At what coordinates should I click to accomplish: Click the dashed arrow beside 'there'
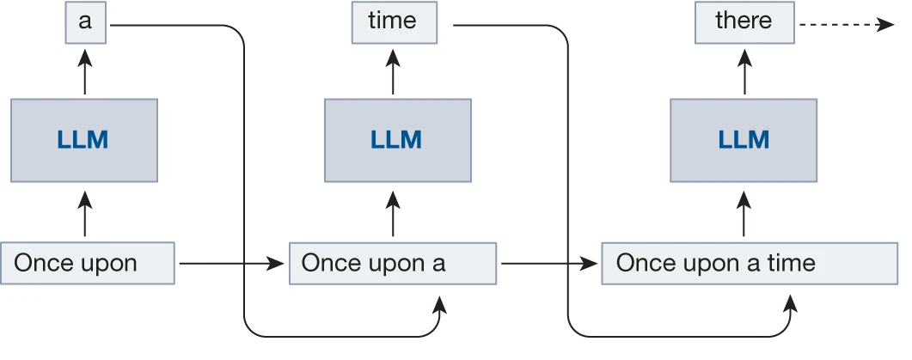pos(847,25)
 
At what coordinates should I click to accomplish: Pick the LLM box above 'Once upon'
pos(84,140)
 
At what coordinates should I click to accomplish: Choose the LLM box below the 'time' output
pos(397,140)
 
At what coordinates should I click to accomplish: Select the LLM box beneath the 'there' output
pos(744,140)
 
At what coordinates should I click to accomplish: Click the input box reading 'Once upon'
pos(89,263)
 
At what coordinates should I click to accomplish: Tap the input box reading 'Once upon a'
pos(393,263)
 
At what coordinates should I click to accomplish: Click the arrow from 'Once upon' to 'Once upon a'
pos(230,263)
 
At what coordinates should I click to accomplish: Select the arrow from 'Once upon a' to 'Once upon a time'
pos(548,263)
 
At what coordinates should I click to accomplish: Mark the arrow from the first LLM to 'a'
pos(84,74)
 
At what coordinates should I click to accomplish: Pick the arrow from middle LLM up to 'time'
pos(394,74)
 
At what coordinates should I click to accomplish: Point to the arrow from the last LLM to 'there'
pos(744,74)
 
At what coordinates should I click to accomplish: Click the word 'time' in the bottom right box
pos(787,263)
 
